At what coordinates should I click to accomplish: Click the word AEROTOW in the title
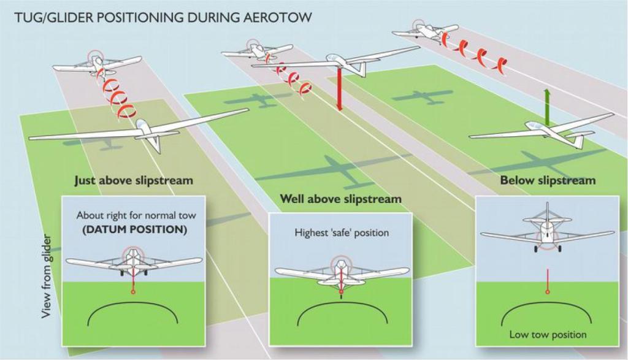[x=280, y=18]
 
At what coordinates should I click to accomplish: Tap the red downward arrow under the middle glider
[x=339, y=89]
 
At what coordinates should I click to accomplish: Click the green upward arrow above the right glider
[x=547, y=107]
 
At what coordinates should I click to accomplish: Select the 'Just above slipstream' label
[x=134, y=180]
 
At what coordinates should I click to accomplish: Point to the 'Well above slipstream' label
[x=340, y=199]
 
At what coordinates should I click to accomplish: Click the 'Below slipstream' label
[x=548, y=180]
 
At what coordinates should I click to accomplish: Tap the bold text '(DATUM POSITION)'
[x=134, y=230]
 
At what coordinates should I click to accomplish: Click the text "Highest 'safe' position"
[x=342, y=232]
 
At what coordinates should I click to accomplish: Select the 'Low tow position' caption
[x=548, y=334]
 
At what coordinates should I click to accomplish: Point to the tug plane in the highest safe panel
[x=341, y=272]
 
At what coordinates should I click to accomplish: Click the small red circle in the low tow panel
[x=548, y=292]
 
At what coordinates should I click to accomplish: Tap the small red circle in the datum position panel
[x=133, y=293]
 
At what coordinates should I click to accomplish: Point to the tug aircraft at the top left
[x=96, y=64]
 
